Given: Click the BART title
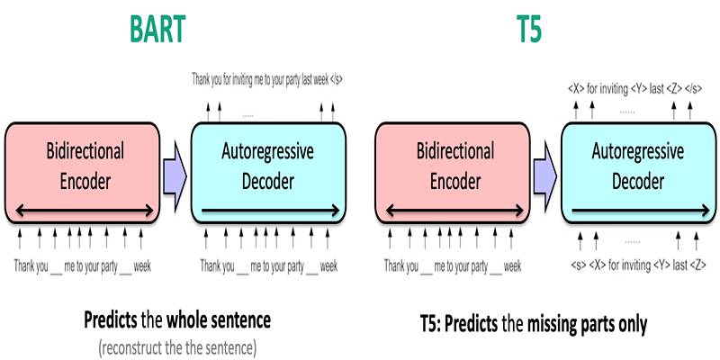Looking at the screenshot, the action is (157, 29).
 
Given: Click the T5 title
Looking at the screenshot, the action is (529, 29).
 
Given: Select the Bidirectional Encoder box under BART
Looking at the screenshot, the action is (82, 173).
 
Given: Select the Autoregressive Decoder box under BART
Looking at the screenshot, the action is (268, 173).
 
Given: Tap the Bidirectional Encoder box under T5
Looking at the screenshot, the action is (453, 173).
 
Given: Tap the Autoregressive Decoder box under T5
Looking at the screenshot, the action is (639, 173).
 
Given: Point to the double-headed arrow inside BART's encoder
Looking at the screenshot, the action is (85, 211).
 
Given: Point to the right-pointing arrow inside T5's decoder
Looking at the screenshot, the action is (641, 211).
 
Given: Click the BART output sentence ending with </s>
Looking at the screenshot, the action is (267, 79).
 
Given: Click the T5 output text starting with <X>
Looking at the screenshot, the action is (635, 88).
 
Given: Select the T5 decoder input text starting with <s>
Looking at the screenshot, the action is (639, 265).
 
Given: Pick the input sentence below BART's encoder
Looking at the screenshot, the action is (82, 265).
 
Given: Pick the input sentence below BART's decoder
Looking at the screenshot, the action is (268, 265).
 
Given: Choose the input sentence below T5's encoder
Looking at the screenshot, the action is (453, 265).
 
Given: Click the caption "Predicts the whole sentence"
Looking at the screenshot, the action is (177, 320).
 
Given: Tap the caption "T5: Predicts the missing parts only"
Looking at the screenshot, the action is (534, 324).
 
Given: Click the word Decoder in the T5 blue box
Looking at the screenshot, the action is (638, 181).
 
